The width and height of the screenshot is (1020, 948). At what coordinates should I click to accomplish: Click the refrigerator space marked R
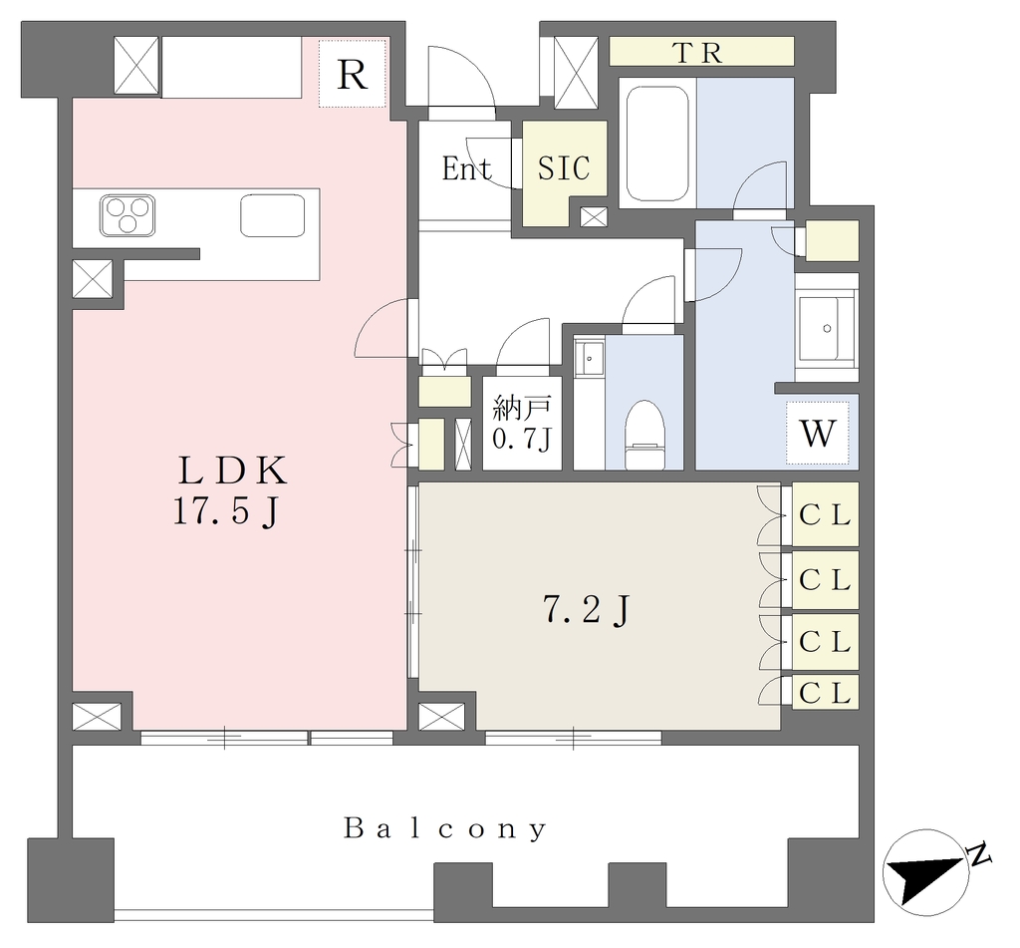point(353,74)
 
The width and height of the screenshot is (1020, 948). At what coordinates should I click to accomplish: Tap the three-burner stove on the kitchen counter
point(127,215)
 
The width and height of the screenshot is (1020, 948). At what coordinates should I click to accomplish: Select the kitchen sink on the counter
point(273,215)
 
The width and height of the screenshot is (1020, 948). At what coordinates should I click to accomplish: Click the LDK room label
point(233,471)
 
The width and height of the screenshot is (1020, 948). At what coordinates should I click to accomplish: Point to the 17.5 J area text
point(226,511)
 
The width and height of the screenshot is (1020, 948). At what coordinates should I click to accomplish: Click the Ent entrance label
point(466,168)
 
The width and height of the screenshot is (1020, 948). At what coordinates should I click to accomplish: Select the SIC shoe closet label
point(564,168)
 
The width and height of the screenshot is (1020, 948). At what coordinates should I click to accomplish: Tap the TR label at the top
point(699,53)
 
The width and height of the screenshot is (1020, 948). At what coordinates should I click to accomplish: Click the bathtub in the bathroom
point(657,143)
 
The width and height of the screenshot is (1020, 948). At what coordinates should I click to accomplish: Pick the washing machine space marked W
point(818,433)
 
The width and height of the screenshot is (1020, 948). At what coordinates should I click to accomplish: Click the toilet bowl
point(644,435)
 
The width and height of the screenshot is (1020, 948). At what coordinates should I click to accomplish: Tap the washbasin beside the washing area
point(826,328)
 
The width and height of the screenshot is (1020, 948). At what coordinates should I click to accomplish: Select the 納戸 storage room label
point(522,408)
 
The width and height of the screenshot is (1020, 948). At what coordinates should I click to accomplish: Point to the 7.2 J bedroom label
point(586,611)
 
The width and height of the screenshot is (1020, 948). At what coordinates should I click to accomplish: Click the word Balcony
point(445,828)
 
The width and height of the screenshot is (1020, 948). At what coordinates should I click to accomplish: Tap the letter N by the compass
point(978,853)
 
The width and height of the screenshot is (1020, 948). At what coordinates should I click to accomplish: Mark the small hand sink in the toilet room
point(590,358)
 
